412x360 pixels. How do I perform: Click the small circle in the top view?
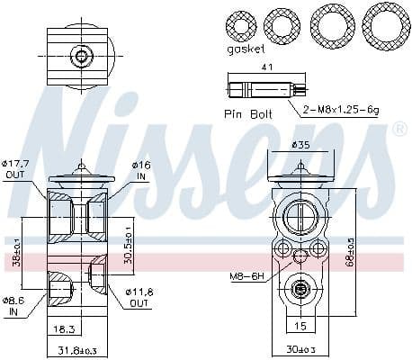point(83,57)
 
